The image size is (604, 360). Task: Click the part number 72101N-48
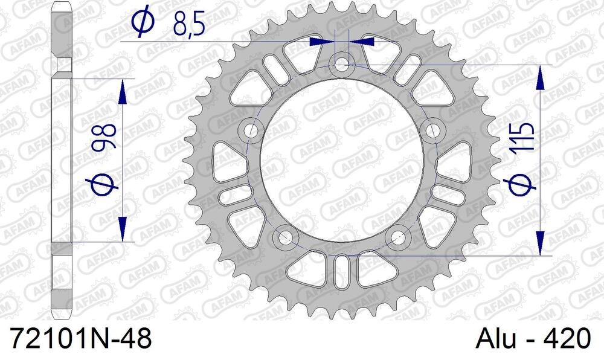point(82,339)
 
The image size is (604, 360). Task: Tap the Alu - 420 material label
point(533,339)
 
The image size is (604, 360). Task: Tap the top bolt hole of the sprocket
point(342,63)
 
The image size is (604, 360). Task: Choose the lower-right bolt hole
point(398,236)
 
